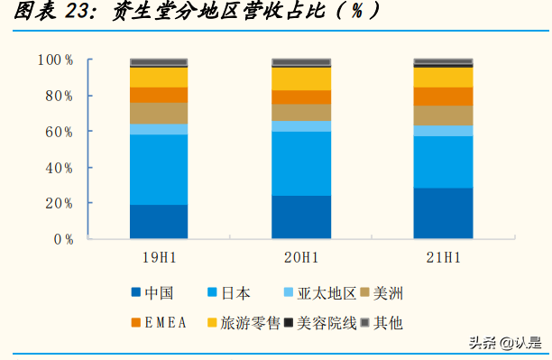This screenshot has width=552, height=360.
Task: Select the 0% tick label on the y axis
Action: [63, 239]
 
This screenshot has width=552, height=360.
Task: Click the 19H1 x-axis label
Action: [160, 258]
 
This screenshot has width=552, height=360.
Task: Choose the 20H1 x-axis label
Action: [301, 258]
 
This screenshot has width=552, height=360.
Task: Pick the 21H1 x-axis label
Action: [443, 258]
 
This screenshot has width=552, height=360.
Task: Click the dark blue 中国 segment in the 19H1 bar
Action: [159, 222]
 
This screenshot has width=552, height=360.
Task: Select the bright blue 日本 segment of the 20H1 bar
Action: [301, 163]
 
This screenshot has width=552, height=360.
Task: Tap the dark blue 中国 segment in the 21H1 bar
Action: [443, 214]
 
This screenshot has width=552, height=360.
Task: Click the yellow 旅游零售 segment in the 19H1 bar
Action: [159, 78]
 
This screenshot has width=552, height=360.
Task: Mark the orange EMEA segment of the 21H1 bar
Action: [443, 97]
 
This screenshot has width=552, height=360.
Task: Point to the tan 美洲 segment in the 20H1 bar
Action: [301, 112]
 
